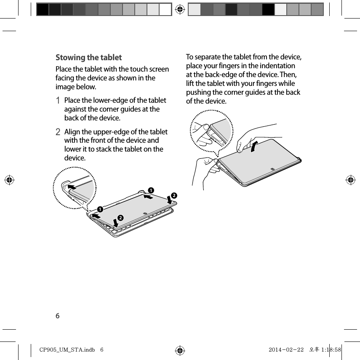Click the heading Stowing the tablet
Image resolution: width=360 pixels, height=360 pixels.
click(89, 58)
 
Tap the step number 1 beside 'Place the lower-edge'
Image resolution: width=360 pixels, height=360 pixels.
click(59, 101)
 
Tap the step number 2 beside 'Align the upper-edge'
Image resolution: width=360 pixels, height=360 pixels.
click(59, 132)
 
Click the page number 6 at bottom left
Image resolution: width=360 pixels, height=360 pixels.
click(58, 316)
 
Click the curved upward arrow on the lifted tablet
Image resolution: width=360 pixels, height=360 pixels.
click(253, 147)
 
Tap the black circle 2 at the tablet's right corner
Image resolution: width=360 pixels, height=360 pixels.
click(173, 196)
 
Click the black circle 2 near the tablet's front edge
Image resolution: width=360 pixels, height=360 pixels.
click(120, 217)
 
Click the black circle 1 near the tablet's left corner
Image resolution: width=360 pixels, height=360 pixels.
click(100, 209)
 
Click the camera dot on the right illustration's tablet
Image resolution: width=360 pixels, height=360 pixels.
click(273, 169)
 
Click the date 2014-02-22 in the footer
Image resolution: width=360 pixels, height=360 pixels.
click(285, 349)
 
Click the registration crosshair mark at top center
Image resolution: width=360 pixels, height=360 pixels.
click(180, 9)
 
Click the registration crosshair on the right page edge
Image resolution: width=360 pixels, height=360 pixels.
click(350, 180)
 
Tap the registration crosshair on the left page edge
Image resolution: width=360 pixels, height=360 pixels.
click(9, 180)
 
